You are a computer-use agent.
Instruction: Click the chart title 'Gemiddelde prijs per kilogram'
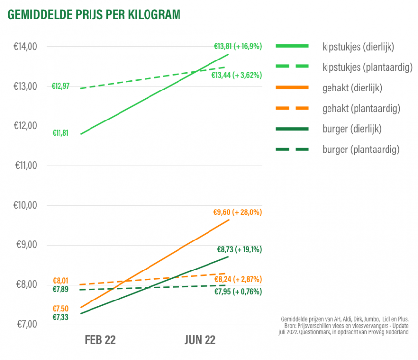[x=93, y=15]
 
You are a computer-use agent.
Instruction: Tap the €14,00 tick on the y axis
[x=26, y=47]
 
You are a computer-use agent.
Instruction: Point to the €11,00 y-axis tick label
[x=26, y=166]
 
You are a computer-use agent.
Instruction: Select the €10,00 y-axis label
[x=26, y=205]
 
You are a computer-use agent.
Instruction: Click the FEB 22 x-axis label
[x=100, y=340]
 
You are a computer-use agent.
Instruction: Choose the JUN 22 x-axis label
[x=200, y=340]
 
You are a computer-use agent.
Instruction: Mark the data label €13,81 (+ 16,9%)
[x=238, y=46]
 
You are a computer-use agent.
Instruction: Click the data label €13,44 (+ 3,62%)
[x=237, y=75]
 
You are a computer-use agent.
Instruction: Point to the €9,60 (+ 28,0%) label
[x=237, y=212]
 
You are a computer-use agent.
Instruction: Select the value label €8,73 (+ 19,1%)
[x=239, y=249]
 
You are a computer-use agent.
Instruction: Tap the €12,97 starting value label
[x=60, y=86]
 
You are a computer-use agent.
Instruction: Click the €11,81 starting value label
[x=60, y=133]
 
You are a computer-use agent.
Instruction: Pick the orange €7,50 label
[x=60, y=308]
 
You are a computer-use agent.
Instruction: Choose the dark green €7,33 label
[x=60, y=317]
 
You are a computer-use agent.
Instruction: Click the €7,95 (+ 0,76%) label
[x=238, y=292]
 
